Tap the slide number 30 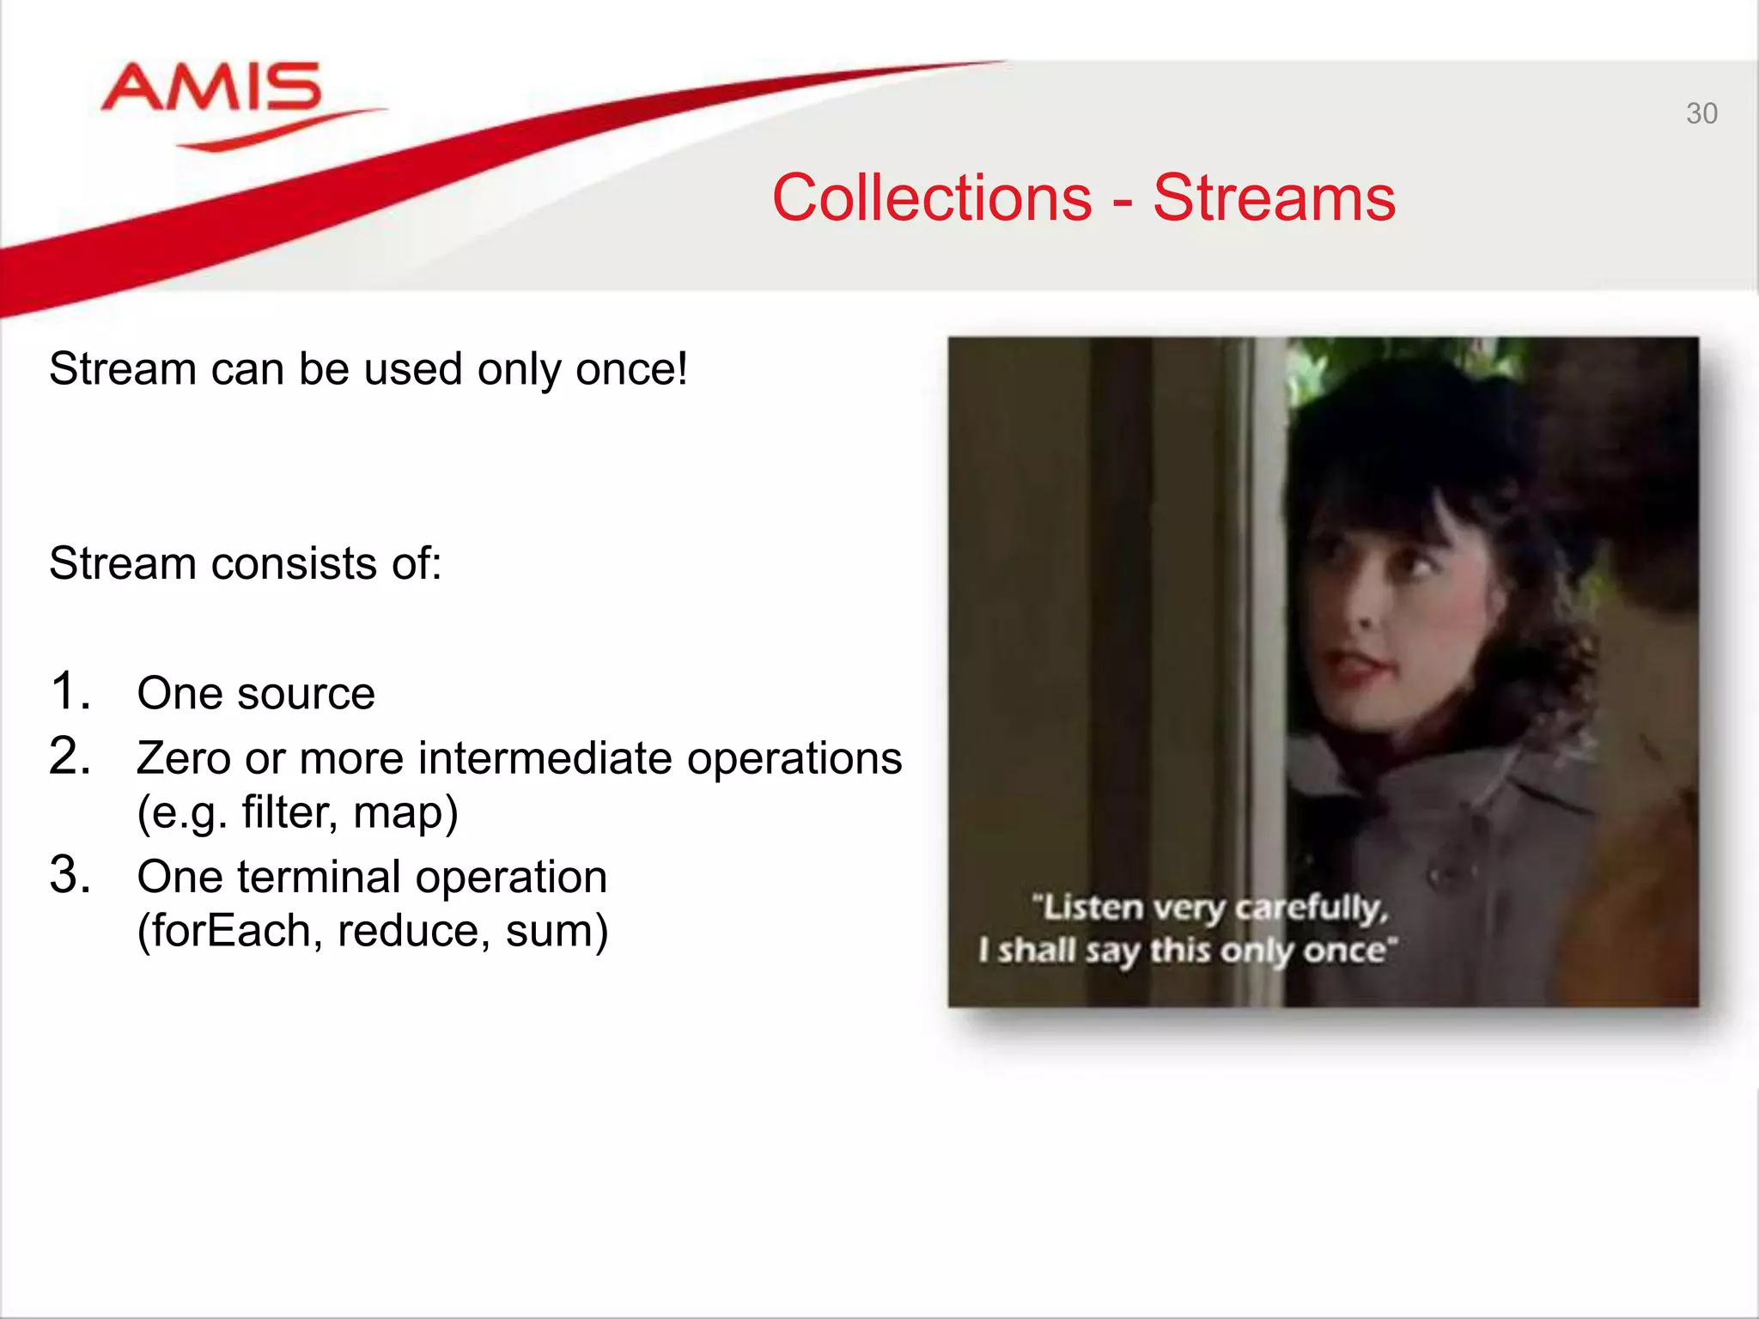coord(1701,113)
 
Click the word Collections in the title coord(932,198)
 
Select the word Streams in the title coord(1274,198)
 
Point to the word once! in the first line coord(631,369)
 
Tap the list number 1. coord(69,692)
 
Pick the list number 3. coord(69,876)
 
